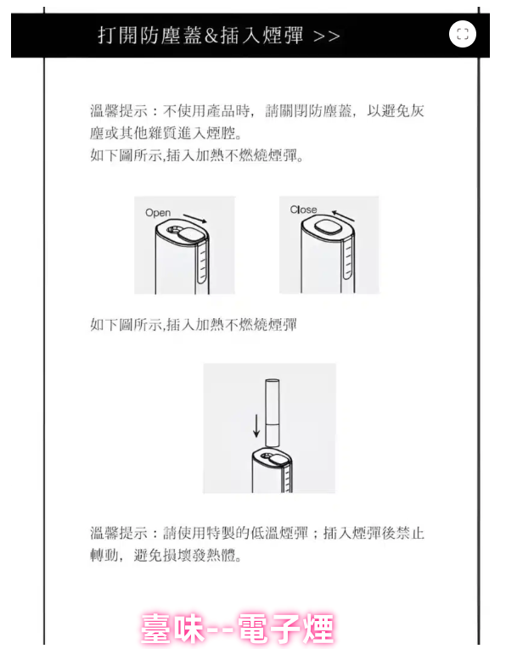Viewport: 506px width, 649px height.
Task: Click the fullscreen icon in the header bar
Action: point(463,34)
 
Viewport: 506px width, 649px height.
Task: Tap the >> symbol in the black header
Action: point(327,36)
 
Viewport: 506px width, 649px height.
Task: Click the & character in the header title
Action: point(211,36)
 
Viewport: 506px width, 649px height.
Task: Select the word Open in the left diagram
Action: point(158,213)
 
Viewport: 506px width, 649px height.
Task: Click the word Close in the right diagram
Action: point(304,210)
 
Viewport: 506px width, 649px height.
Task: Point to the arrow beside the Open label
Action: point(195,219)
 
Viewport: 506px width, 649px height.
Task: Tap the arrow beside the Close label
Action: point(343,216)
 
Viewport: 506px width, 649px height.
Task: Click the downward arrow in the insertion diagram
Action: point(256,426)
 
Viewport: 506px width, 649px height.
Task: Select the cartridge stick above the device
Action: point(272,412)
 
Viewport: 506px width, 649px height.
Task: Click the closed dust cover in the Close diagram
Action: point(328,227)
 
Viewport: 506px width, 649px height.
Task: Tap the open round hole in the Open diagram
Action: point(174,230)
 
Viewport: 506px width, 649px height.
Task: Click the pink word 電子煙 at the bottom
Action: point(287,629)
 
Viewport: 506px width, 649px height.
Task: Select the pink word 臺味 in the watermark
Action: point(172,629)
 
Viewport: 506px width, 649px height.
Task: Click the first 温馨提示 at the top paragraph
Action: point(119,111)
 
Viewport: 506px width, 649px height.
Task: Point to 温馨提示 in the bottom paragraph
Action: point(119,533)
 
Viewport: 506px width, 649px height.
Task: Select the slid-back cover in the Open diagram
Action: point(189,235)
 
